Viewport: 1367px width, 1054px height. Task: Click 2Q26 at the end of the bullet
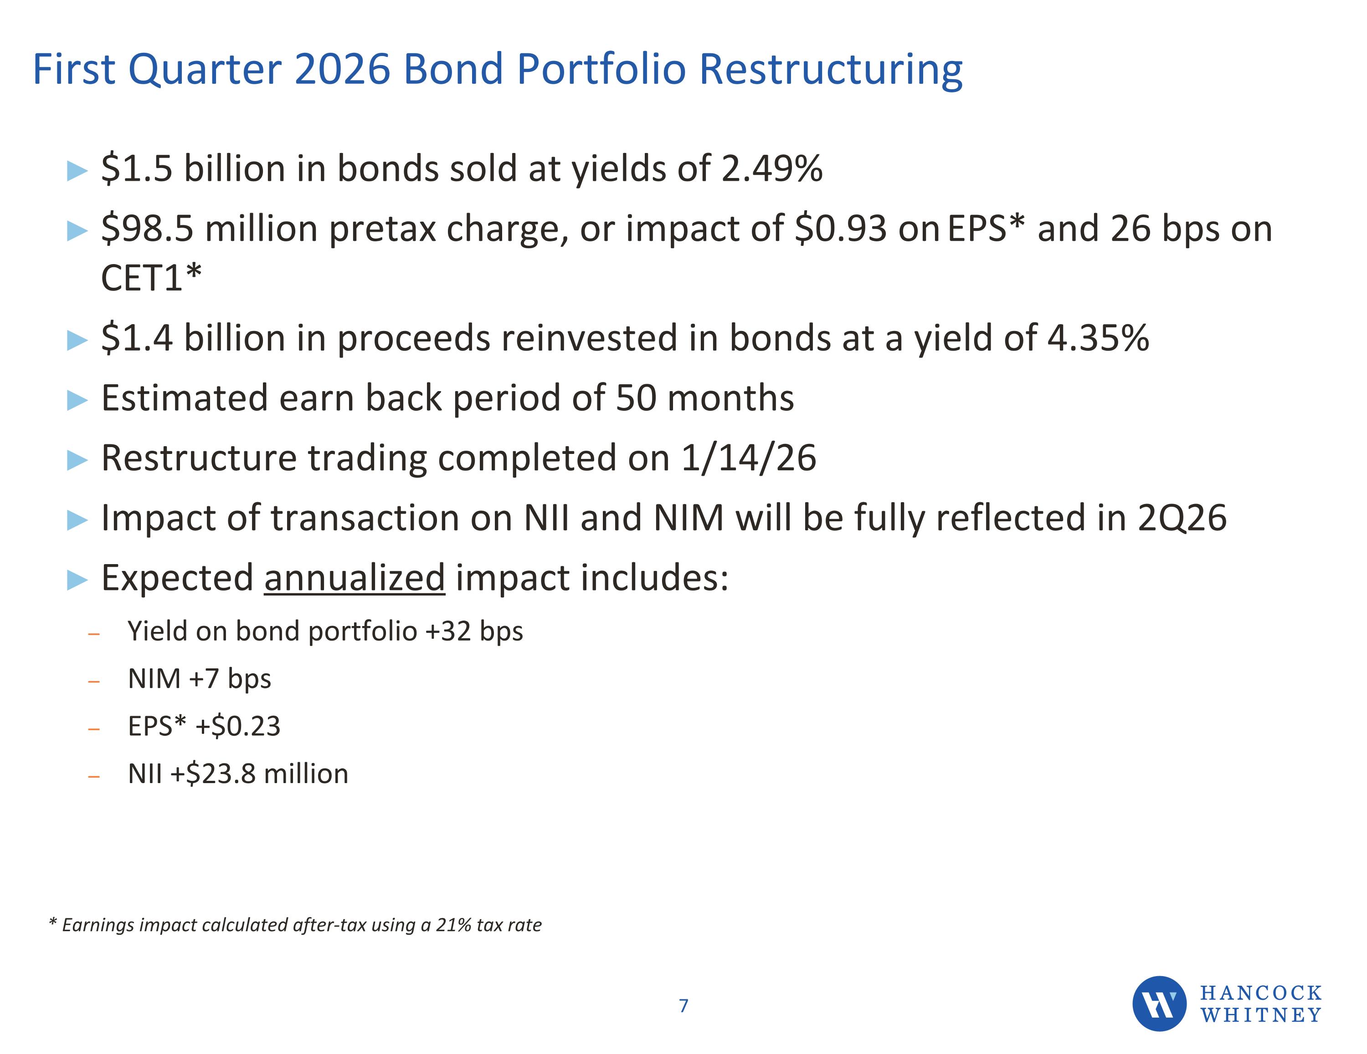[1182, 518]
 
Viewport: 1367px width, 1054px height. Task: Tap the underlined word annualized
[354, 578]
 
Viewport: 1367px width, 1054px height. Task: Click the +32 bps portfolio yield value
[474, 631]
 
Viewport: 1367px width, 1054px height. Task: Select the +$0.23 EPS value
[238, 726]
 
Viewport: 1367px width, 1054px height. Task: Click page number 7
[683, 1006]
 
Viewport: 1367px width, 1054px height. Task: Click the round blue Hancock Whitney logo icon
[1159, 1003]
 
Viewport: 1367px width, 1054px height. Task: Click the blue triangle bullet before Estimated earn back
[77, 400]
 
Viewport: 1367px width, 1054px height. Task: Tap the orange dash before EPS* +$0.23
[94, 729]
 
